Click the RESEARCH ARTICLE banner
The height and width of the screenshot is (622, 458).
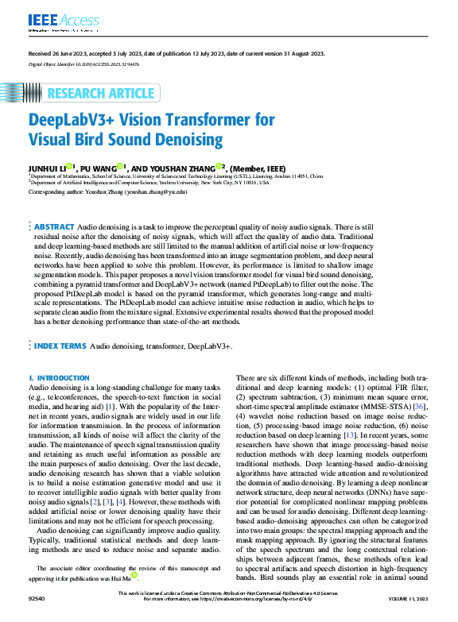coord(100,94)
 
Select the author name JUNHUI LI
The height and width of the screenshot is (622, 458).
coord(47,168)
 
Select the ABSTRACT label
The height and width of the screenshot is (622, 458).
coord(54,227)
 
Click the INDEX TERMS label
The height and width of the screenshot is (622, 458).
coord(60,347)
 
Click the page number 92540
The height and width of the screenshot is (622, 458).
coord(37,616)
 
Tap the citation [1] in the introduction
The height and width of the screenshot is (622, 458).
coord(110,405)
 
